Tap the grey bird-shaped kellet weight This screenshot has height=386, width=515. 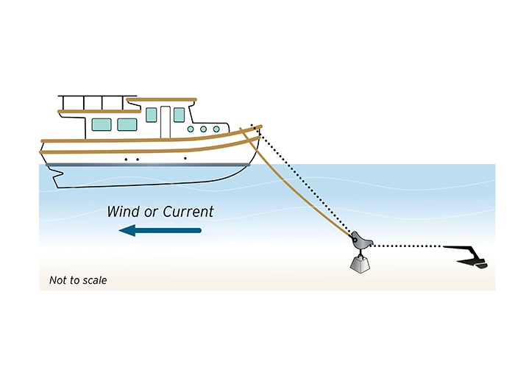(360, 240)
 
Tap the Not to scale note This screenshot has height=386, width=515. (78, 280)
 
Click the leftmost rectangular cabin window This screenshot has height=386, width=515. (102, 124)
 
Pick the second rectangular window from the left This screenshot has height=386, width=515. (127, 124)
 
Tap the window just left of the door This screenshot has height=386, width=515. (152, 115)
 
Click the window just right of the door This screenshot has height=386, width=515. (179, 115)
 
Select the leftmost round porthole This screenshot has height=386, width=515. (191, 129)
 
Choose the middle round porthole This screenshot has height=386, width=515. (204, 129)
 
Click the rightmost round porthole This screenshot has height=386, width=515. (216, 129)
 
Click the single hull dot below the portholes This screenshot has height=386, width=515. (185, 158)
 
